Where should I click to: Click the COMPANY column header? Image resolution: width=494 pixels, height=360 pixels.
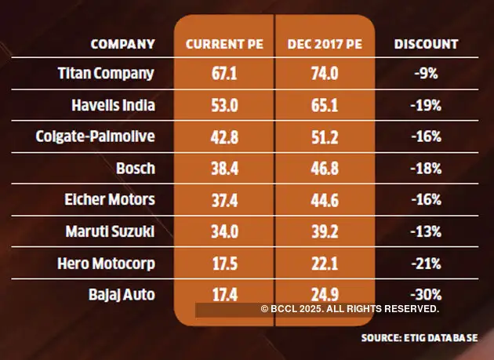click(x=122, y=44)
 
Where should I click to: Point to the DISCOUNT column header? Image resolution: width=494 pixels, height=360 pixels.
click(x=427, y=44)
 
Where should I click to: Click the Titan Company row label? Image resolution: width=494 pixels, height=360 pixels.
click(x=107, y=73)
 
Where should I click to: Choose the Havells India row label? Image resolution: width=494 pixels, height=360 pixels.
click(x=111, y=104)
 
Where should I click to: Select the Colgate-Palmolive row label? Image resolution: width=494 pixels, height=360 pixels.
click(x=96, y=136)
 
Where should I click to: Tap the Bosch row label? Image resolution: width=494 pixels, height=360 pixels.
click(x=134, y=168)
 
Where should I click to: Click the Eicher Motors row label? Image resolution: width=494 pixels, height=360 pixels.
click(x=109, y=200)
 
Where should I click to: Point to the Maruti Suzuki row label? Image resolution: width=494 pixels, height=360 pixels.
click(x=111, y=232)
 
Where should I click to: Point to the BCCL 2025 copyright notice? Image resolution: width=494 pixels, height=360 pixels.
click(x=350, y=310)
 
